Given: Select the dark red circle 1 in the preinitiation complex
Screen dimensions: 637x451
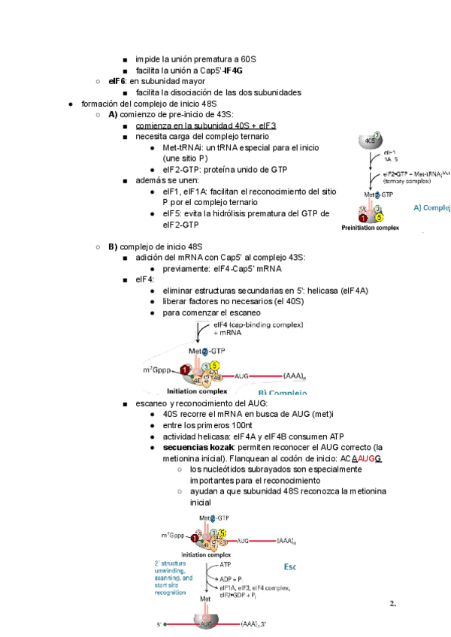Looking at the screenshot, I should (363, 218).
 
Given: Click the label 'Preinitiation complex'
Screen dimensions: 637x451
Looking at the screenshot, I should (371, 227).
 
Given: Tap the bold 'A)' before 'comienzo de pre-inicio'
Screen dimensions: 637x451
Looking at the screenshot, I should (113, 115).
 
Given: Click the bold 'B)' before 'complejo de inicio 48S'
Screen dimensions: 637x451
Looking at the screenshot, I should (113, 246).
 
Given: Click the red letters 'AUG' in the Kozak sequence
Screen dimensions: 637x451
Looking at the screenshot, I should (366, 458).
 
